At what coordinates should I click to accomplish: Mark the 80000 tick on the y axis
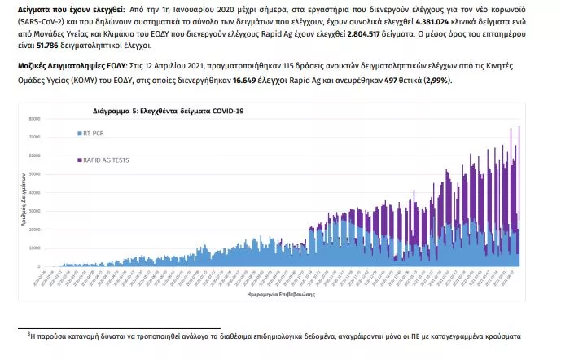33,119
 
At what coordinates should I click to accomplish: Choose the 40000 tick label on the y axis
33,193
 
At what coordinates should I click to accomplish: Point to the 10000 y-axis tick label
33,248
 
